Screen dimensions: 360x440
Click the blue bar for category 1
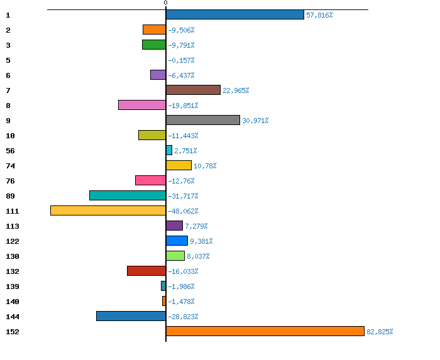234,14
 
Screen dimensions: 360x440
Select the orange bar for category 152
265,331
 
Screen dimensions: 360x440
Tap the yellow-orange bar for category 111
108,210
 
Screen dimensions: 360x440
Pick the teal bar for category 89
128,195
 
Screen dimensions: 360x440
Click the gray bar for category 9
202,120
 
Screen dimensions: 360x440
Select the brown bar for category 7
193,90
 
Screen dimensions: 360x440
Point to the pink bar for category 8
142,105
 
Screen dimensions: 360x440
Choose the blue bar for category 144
131,316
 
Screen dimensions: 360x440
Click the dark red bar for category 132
146,271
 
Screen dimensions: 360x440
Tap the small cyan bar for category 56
169,150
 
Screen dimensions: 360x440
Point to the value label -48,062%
183,211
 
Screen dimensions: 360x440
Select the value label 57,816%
319,15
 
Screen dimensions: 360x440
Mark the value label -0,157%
181,60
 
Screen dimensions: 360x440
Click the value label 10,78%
205,166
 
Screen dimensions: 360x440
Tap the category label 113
13,226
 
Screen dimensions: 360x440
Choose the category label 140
13,302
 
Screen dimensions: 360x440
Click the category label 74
10,166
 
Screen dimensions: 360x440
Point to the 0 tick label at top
165,3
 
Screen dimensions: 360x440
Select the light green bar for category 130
175,256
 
